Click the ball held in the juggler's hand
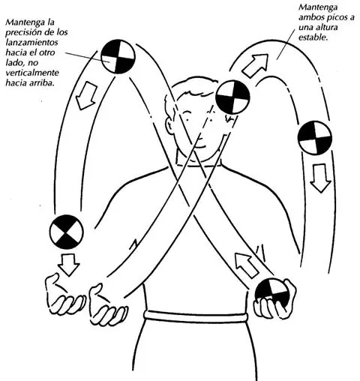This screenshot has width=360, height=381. pos(272,295)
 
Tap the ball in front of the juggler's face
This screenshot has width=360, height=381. pos(232,97)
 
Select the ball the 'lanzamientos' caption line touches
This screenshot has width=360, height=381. pos(118,56)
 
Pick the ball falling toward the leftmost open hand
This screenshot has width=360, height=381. pos(67,232)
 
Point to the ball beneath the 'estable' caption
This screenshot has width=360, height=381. pos(315,138)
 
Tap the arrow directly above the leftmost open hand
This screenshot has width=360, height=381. pos(68,265)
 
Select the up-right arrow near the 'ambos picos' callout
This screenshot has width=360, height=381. pos(256,65)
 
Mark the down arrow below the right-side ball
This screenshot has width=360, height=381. pos(320,178)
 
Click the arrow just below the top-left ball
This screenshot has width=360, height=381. pos(86,96)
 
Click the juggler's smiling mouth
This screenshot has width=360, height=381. pos(200,145)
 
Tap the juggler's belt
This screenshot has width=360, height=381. pos(196,316)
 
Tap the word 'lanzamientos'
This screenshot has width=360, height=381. pos(31,43)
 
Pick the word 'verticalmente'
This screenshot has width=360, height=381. pos(32,73)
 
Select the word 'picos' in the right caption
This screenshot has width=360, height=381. pos(338,17)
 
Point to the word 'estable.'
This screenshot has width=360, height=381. pos(313,37)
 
